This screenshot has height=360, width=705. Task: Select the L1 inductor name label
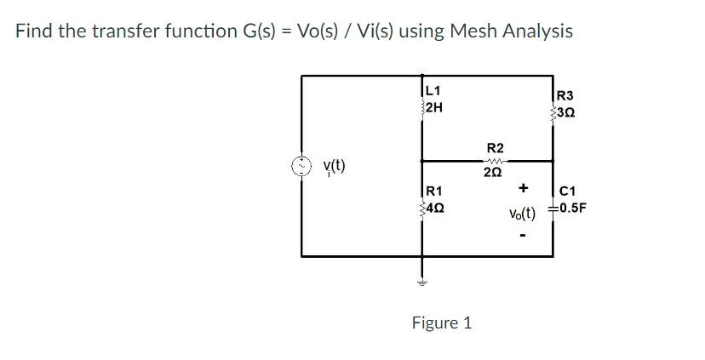point(433,90)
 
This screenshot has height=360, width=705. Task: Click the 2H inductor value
point(433,107)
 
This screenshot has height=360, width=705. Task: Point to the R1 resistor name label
point(433,190)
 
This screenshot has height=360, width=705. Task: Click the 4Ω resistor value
point(434,207)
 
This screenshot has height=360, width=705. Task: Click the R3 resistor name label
point(565,96)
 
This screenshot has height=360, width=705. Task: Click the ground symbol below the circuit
point(420,282)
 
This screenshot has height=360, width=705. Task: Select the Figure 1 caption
point(441,323)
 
